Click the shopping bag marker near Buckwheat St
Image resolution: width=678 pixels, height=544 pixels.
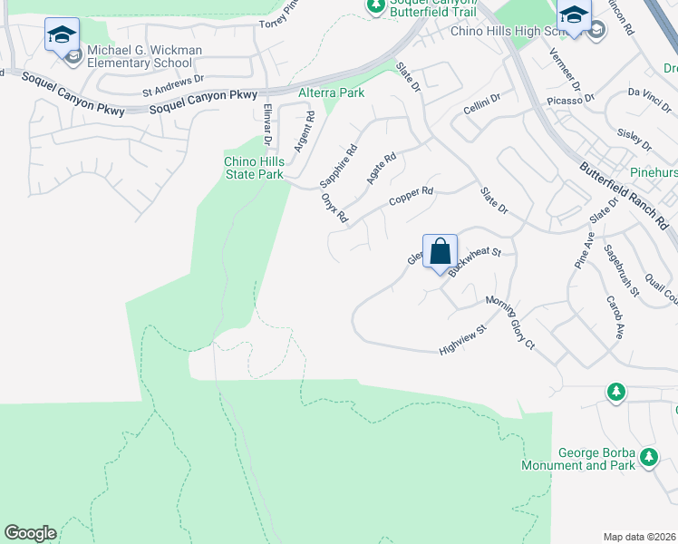pos(440,251)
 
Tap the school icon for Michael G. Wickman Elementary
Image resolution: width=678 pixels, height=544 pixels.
pos(62,36)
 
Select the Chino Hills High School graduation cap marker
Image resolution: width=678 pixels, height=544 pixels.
pos(573,16)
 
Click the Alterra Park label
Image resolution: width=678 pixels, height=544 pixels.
pos(331,92)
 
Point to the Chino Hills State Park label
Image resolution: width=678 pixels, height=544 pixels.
pos(255,168)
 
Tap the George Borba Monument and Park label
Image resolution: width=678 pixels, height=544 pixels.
pos(576,459)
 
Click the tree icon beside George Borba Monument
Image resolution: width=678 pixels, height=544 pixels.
pos(648,457)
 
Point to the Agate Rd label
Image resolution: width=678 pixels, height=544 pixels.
pos(382,169)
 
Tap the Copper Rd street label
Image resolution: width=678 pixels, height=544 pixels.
pos(412,197)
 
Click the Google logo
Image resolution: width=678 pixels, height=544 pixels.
pos(31,533)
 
